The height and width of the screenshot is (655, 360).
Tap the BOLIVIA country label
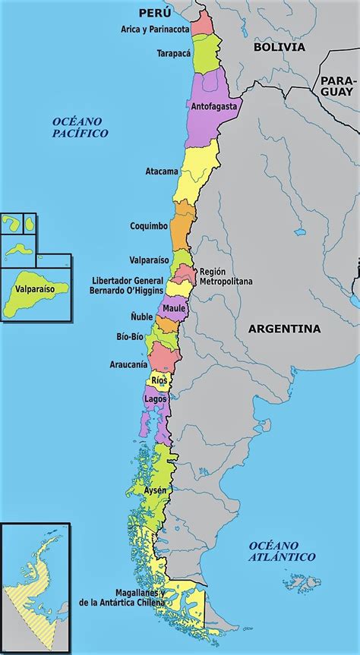tap(279, 47)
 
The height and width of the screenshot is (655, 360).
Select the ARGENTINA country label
tap(285, 329)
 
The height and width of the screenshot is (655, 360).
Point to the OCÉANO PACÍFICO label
tap(80, 127)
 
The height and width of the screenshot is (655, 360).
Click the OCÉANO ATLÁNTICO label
tap(281, 551)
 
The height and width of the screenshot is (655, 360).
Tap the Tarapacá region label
tap(172, 54)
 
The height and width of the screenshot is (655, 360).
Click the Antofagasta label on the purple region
tap(215, 106)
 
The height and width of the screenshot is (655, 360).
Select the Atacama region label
tap(162, 172)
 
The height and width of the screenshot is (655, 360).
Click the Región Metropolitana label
tap(226, 276)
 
